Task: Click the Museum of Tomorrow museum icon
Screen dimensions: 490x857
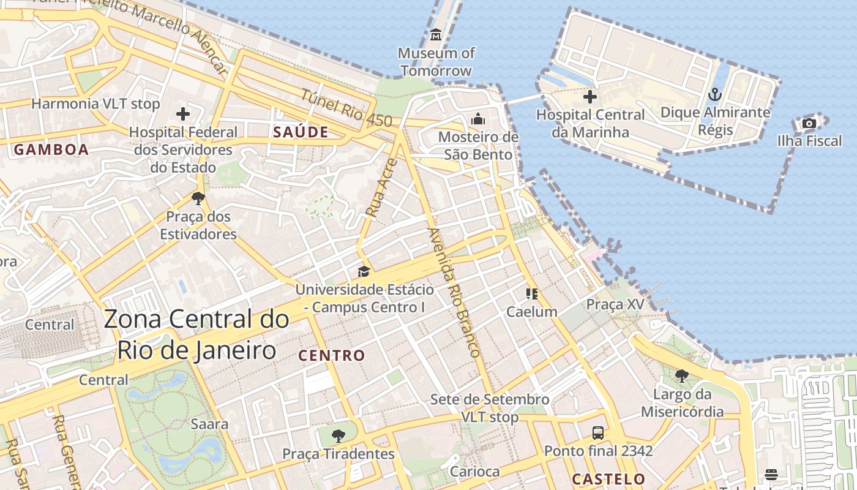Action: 436,35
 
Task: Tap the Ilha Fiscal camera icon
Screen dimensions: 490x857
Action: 809,123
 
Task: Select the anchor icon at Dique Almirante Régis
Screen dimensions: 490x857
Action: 715,94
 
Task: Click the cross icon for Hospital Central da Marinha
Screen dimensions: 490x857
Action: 590,97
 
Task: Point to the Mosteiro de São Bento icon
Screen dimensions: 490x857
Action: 478,119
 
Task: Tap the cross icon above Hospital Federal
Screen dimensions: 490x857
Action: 183,114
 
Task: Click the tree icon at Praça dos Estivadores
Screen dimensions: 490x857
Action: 198,198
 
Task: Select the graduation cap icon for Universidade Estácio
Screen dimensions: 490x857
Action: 364,271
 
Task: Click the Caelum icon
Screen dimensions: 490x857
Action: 531,294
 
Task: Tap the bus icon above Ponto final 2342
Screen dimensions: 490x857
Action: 598,433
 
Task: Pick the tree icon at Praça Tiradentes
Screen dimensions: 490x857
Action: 338,436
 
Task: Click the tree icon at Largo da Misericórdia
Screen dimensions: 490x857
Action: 682,376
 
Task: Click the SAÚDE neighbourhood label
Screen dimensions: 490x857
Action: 301,132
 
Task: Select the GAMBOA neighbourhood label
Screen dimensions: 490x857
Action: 51,149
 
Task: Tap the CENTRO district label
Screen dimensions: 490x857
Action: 331,355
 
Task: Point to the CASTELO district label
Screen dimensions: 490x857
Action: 608,479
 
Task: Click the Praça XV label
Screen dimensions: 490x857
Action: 615,304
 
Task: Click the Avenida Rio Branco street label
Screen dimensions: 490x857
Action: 454,293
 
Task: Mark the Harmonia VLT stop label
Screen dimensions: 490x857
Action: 95,104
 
